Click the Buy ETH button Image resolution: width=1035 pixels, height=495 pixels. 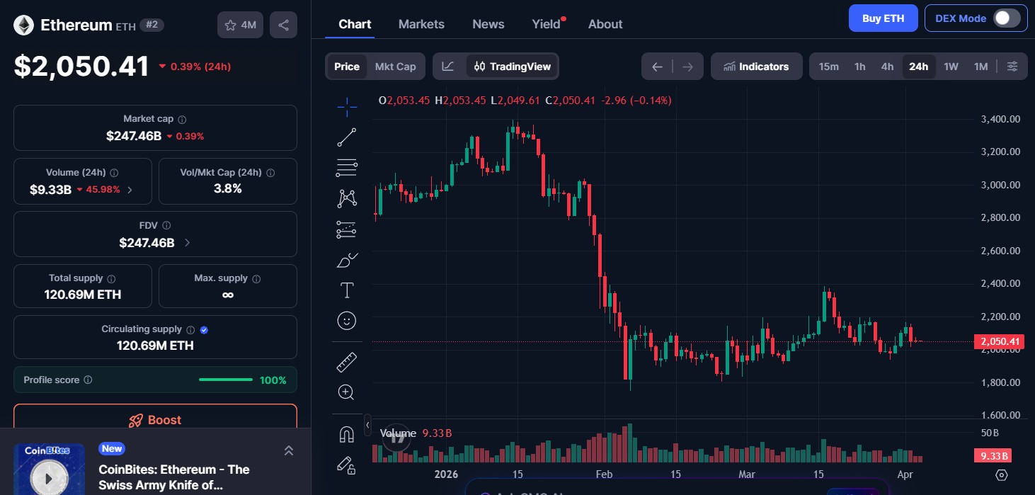point(883,18)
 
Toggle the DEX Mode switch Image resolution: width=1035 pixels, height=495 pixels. point(1006,18)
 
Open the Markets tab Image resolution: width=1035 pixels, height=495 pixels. point(421,24)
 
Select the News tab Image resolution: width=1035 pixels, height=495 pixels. point(488,24)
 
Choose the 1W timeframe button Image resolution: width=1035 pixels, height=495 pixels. point(951,67)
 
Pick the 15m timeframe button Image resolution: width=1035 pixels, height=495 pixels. point(828,67)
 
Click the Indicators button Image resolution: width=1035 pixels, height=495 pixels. point(756,67)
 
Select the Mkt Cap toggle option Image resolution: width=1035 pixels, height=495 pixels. point(395,67)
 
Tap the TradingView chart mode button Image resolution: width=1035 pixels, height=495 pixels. point(513,67)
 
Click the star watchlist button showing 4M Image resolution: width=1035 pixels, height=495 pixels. point(240,25)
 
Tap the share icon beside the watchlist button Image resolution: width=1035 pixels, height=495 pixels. point(283,25)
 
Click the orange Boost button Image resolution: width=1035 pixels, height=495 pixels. point(155,419)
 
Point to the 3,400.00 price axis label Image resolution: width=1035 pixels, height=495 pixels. point(1000,119)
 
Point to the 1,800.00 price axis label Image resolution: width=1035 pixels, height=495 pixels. point(1000,382)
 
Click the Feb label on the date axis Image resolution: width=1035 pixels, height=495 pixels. point(604,474)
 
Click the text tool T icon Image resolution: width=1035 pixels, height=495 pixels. point(347,290)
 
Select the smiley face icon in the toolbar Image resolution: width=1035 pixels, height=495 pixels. point(347,321)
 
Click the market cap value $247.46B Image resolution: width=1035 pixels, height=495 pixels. point(134,136)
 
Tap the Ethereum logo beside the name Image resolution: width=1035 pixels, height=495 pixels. point(24,25)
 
